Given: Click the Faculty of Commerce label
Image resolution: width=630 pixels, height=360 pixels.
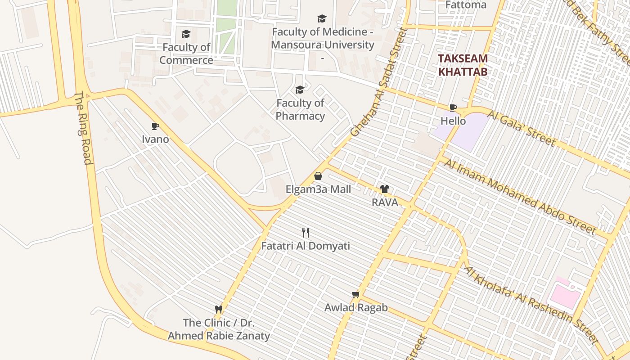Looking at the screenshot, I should point(186,54).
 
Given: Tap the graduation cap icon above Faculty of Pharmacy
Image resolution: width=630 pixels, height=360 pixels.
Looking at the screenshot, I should point(300,90).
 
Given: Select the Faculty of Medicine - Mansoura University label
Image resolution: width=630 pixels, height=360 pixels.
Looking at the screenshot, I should point(323,39).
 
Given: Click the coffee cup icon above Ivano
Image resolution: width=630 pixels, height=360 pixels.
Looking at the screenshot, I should point(155,126).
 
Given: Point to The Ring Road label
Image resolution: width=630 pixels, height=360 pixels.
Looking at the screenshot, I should point(84,128).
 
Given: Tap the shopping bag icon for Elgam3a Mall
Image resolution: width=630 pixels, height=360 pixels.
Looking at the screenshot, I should point(318,176).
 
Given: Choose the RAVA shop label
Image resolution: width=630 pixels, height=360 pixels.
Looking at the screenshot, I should point(385,202).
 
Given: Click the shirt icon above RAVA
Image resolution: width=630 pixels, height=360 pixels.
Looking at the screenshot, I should point(384,189).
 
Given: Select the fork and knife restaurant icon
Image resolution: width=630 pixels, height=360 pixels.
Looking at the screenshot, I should point(306,232).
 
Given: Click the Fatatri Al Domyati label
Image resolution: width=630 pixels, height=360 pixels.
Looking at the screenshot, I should point(306,246).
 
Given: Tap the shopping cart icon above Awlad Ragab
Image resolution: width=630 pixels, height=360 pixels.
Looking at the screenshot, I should point(356,294).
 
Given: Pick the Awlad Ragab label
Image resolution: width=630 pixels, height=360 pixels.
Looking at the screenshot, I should point(356,308).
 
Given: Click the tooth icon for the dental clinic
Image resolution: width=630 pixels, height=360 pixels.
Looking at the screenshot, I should point(219,309).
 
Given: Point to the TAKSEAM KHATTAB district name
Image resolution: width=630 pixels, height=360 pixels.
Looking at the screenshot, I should point(463,65).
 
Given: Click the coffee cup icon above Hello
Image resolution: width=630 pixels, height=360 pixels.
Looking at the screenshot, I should point(453,108).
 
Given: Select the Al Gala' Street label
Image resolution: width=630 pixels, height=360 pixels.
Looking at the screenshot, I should point(521,128).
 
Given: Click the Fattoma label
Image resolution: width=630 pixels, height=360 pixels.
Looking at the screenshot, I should point(466,5).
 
